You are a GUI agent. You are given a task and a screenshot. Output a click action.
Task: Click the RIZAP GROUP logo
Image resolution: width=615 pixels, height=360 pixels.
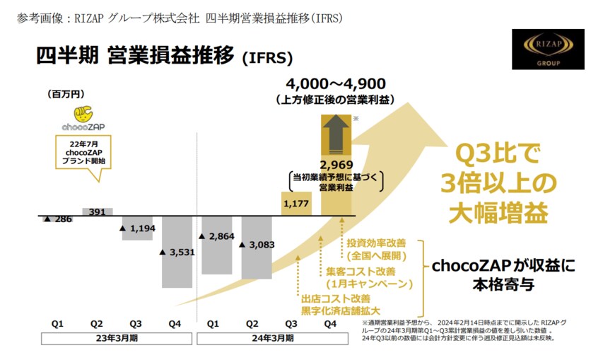[548, 50]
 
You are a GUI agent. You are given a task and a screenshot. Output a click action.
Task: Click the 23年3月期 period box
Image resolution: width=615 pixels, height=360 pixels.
[117, 339]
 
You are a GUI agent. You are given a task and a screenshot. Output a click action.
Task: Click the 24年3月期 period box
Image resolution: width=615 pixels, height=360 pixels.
[273, 339]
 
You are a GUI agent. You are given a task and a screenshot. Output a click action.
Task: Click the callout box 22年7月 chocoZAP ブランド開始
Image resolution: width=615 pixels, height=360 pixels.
[84, 153]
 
